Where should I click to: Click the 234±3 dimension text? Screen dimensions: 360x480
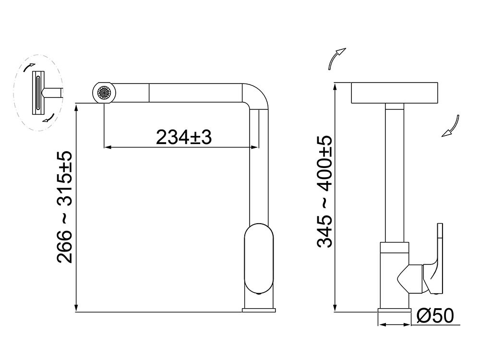[x=184, y=138]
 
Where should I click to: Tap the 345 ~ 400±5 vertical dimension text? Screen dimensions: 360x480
[x=324, y=192]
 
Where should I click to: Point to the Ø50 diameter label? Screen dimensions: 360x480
[x=435, y=316]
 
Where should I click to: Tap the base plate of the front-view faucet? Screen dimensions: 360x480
[x=259, y=310]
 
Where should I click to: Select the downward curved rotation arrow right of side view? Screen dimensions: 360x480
[x=452, y=127]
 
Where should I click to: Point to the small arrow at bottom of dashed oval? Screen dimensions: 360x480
[x=47, y=119]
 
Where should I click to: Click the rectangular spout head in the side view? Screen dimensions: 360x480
[x=395, y=93]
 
